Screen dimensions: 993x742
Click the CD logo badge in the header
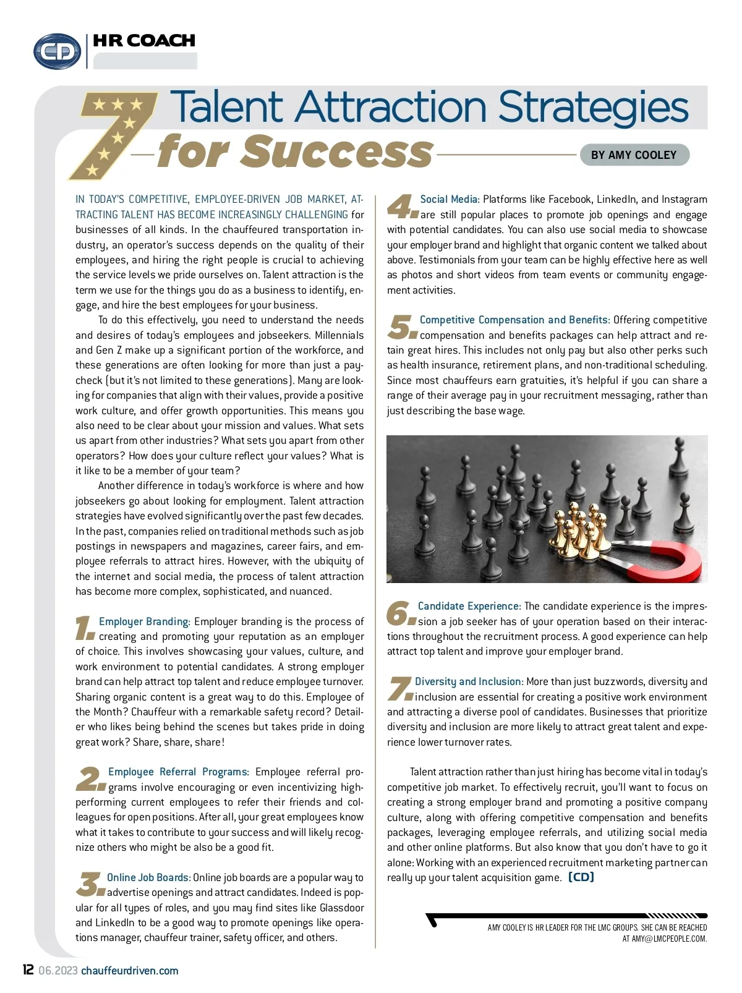[57, 51]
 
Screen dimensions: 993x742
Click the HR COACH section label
[143, 41]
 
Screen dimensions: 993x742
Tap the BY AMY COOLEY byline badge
[634, 155]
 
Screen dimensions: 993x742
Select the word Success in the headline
[337, 152]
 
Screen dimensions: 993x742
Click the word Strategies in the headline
[593, 106]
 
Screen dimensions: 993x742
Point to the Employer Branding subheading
[144, 621]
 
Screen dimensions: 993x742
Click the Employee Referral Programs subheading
[178, 772]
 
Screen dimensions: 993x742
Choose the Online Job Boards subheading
[148, 877]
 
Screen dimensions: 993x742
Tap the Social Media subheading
[450, 199]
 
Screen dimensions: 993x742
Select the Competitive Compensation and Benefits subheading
[514, 320]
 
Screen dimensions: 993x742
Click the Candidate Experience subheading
[469, 606]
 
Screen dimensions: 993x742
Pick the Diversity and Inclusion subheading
[469, 681]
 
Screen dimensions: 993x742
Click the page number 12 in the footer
[28, 970]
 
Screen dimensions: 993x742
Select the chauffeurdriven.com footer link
[129, 970]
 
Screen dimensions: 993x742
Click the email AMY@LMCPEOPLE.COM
[669, 939]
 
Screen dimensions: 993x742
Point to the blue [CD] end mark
[581, 877]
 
